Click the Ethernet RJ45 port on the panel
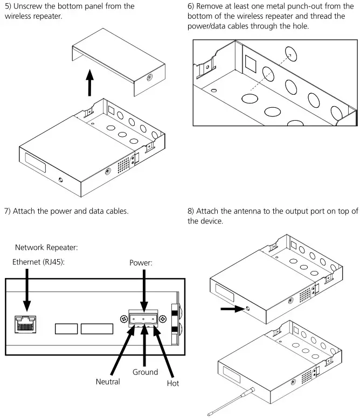pyautogui.click(x=25, y=325)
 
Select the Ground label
pyautogui.click(x=145, y=372)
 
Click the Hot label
pyautogui.click(x=172, y=383)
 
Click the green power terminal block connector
pyautogui.click(x=142, y=319)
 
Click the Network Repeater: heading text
pyautogui.click(x=47, y=248)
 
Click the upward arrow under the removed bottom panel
pyautogui.click(x=92, y=86)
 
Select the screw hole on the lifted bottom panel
pyautogui.click(x=149, y=77)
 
